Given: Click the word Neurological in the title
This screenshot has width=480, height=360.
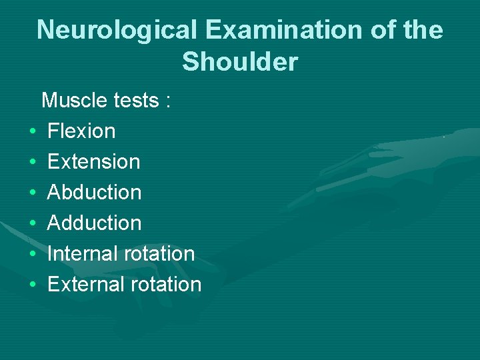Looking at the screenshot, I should point(117,30).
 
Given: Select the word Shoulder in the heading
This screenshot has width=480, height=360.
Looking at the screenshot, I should point(240,62).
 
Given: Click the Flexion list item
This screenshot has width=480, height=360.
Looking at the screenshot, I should point(81,131).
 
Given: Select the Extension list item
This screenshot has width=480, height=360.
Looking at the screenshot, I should point(94,161).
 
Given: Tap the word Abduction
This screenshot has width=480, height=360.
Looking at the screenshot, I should point(95,192).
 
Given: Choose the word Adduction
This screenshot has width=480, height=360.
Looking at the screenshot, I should point(95,223).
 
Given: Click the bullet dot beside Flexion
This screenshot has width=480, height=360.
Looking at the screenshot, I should point(32,132).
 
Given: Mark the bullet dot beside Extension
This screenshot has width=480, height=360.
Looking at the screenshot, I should point(32,163).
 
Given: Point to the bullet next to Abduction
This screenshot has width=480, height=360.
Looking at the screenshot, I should point(32,193).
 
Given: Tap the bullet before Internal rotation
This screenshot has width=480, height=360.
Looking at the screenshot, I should point(32,255).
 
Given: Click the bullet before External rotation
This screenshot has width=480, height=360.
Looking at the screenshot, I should point(32,285).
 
